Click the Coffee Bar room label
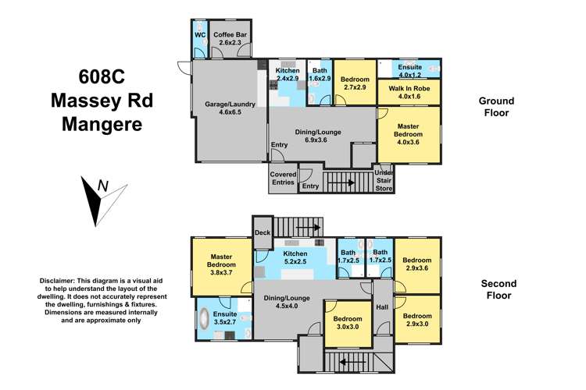pos(230,38)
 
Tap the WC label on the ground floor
pos(200,35)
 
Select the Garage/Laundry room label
pos(230,108)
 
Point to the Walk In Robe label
pos(409,92)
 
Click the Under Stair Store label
pos(384,181)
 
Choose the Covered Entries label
pos(284,179)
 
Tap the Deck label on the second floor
pos(263,232)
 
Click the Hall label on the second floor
pos(382,307)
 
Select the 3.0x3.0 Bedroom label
pos(348,323)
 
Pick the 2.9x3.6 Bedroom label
pos(417,264)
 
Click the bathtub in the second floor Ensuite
pos(204,318)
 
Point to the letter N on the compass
pos(103,186)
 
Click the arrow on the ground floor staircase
pos(341,183)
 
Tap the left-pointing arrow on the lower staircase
pos(352,362)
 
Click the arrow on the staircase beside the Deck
pos(309,227)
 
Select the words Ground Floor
pos(496,107)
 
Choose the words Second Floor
pos(498,289)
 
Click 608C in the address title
pos(102,77)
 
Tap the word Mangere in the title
pos(102,124)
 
